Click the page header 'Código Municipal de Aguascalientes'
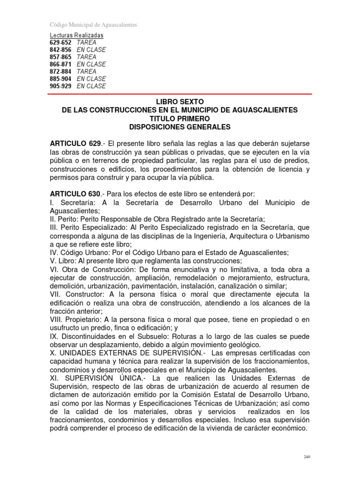[x=93, y=25]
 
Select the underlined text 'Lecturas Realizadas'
[x=77, y=36]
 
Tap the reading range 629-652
[x=60, y=43]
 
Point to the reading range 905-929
[x=60, y=86]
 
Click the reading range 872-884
[x=60, y=72]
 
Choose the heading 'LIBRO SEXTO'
[x=180, y=102]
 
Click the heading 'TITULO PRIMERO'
[x=180, y=119]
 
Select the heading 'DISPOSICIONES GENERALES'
[x=180, y=127]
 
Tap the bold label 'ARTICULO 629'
[x=75, y=142]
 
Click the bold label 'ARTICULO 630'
[x=75, y=194]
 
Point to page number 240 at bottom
[x=307, y=457]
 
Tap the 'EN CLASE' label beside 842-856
[x=91, y=50]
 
